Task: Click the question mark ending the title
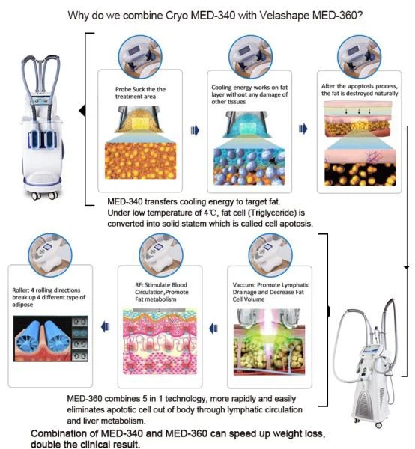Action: (360, 15)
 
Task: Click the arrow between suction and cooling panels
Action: (195, 130)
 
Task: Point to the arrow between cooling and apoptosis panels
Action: (303, 129)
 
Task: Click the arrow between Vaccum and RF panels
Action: (213, 329)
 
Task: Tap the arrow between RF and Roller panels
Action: (105, 327)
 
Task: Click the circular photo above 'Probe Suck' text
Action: (140, 57)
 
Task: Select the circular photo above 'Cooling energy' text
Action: (250, 57)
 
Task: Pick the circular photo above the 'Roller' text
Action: (50, 255)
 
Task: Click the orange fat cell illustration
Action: (140, 161)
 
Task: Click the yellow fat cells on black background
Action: (360, 174)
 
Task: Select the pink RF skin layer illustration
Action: (160, 341)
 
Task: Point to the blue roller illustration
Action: (43, 338)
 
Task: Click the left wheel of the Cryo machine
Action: (36, 196)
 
